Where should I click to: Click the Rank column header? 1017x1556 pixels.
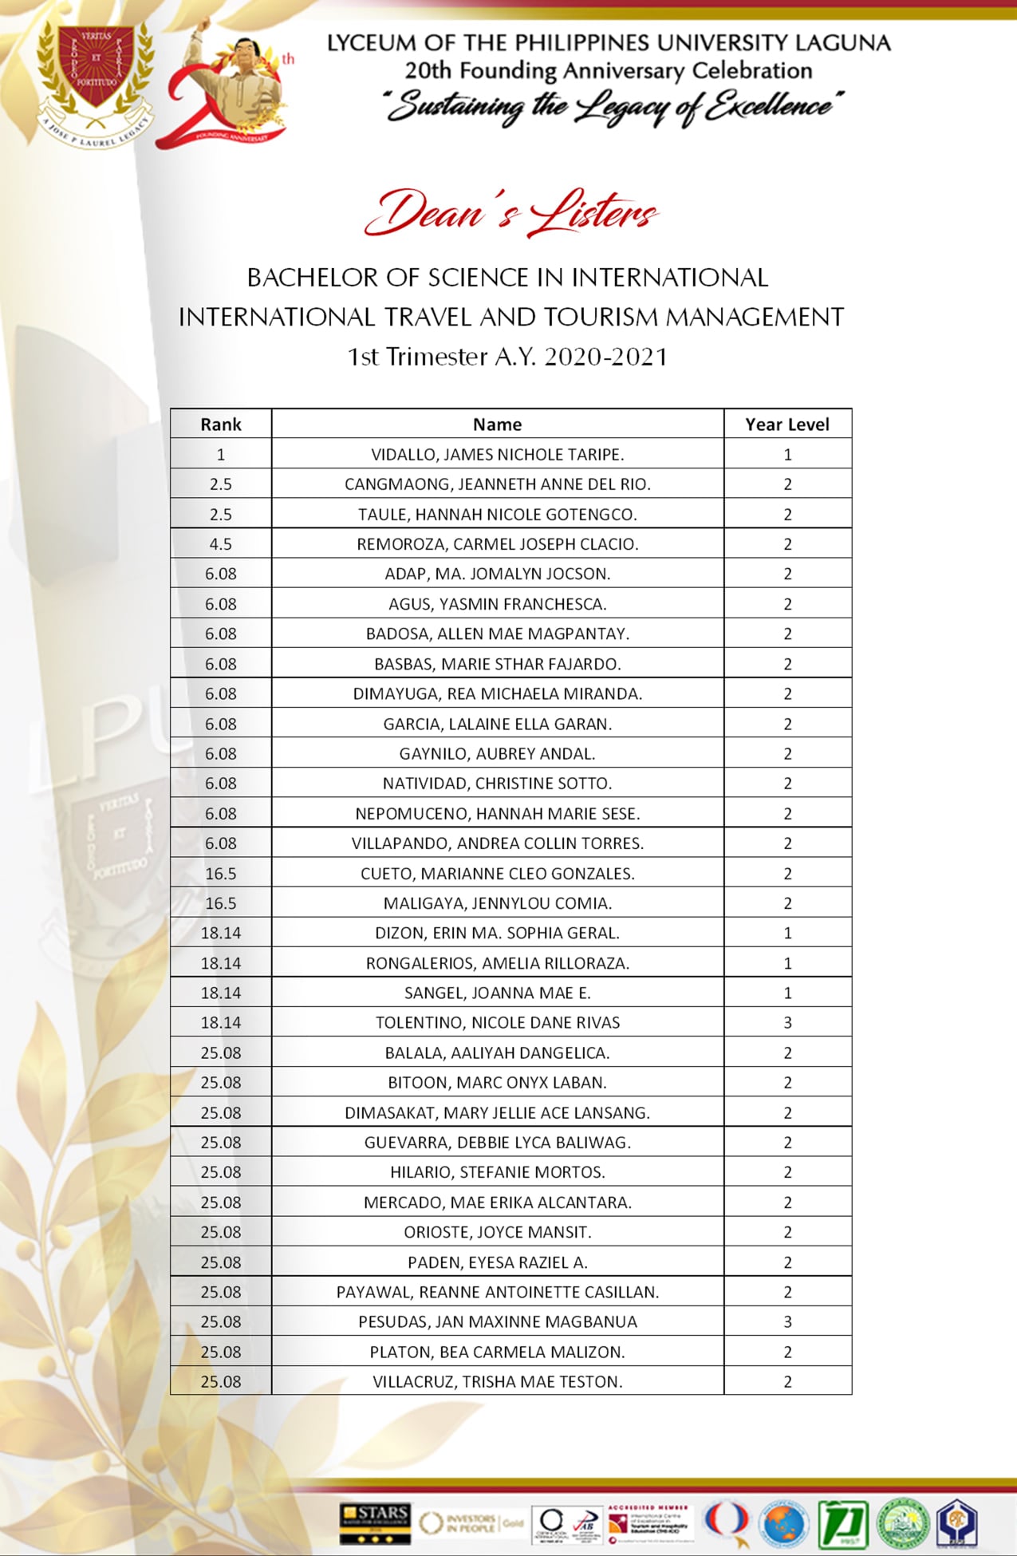(x=221, y=425)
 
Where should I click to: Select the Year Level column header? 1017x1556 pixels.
(x=787, y=425)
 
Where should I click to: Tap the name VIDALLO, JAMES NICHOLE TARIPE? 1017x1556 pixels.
(x=497, y=455)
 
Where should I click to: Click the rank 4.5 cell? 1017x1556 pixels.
(x=221, y=544)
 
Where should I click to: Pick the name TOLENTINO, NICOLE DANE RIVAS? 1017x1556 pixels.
(x=497, y=1023)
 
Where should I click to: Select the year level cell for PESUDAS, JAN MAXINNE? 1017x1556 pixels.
(x=787, y=1322)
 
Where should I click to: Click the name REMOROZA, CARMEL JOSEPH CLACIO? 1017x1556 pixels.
(x=497, y=544)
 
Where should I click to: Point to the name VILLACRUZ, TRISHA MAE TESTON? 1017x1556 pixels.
(x=497, y=1382)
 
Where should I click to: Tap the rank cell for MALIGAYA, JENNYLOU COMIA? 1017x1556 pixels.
(x=221, y=903)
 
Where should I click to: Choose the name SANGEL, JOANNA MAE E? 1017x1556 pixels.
(x=497, y=993)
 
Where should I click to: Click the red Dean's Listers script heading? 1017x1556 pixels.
(x=510, y=213)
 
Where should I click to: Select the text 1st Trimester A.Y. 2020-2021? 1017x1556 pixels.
(x=507, y=357)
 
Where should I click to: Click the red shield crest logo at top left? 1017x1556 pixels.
(x=95, y=80)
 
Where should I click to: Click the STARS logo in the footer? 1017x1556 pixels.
(x=375, y=1522)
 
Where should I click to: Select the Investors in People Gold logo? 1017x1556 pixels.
(x=471, y=1522)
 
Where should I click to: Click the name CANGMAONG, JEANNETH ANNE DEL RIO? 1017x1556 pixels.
(x=497, y=484)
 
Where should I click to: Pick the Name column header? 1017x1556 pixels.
(x=497, y=425)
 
